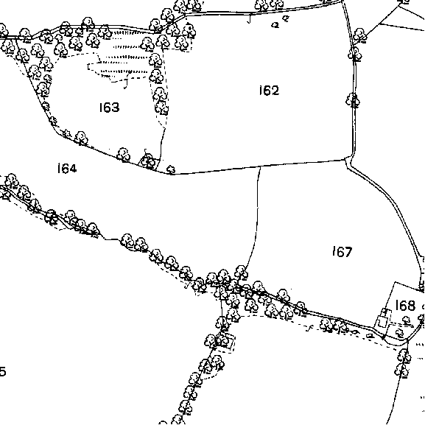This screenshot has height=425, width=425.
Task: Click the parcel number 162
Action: click(x=269, y=91)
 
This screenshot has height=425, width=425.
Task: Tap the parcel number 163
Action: click(x=109, y=108)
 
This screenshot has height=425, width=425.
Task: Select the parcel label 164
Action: click(x=67, y=169)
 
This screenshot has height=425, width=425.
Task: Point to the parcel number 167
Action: click(x=343, y=251)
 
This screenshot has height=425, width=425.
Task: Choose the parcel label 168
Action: click(x=405, y=305)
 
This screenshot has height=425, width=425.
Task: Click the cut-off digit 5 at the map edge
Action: click(x=2, y=371)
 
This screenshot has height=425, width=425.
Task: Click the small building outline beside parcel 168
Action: click(x=383, y=319)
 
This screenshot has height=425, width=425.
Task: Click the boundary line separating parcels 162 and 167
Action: click(x=302, y=164)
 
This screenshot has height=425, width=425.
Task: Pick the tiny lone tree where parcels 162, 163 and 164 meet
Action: click(x=171, y=170)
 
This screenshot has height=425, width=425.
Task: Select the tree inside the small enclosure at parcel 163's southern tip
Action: click(x=149, y=161)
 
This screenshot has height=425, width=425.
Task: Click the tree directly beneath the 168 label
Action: click(x=406, y=320)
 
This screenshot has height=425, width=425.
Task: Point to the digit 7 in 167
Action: click(x=348, y=251)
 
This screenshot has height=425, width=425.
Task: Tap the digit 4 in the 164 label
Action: click(x=73, y=169)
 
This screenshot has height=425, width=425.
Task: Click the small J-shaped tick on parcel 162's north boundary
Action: click(x=249, y=18)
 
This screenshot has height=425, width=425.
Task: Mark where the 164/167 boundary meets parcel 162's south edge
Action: click(x=260, y=167)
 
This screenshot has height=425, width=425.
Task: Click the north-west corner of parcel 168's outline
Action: click(x=396, y=282)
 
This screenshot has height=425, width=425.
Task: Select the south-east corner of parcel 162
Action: click(x=345, y=160)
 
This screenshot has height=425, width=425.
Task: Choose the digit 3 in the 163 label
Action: click(x=116, y=108)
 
